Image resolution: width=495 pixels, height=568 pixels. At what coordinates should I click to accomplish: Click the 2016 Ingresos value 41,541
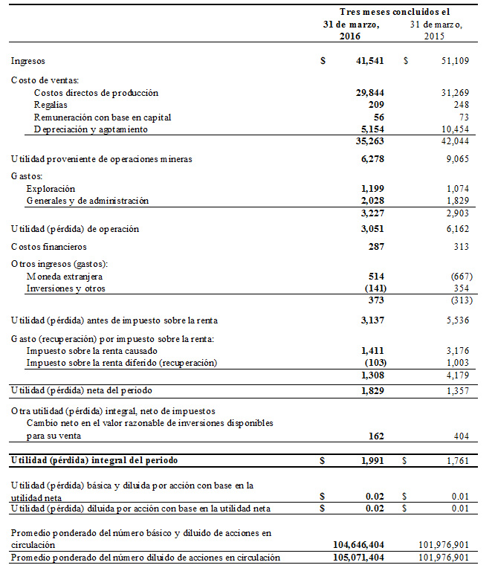coord(370,61)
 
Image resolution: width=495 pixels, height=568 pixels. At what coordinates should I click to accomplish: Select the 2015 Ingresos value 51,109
coord(449,61)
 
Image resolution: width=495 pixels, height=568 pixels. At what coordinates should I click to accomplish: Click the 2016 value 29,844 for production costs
coord(370,93)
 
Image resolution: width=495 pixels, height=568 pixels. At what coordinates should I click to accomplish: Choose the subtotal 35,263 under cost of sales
coord(370,141)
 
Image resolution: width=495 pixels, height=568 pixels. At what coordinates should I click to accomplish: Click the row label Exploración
coord(51,189)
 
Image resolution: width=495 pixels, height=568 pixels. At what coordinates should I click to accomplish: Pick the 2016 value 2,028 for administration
coord(372,201)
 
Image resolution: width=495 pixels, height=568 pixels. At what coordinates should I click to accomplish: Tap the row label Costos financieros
coord(49,246)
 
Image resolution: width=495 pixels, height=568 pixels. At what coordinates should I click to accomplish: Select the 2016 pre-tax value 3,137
coord(372,320)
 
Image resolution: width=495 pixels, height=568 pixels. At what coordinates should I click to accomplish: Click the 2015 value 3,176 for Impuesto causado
coord(451,349)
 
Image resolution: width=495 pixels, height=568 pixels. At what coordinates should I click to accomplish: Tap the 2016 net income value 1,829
coord(372,390)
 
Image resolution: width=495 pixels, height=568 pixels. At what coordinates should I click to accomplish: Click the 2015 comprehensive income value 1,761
coord(451,461)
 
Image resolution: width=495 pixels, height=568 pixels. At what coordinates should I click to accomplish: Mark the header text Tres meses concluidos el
coord(395,12)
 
